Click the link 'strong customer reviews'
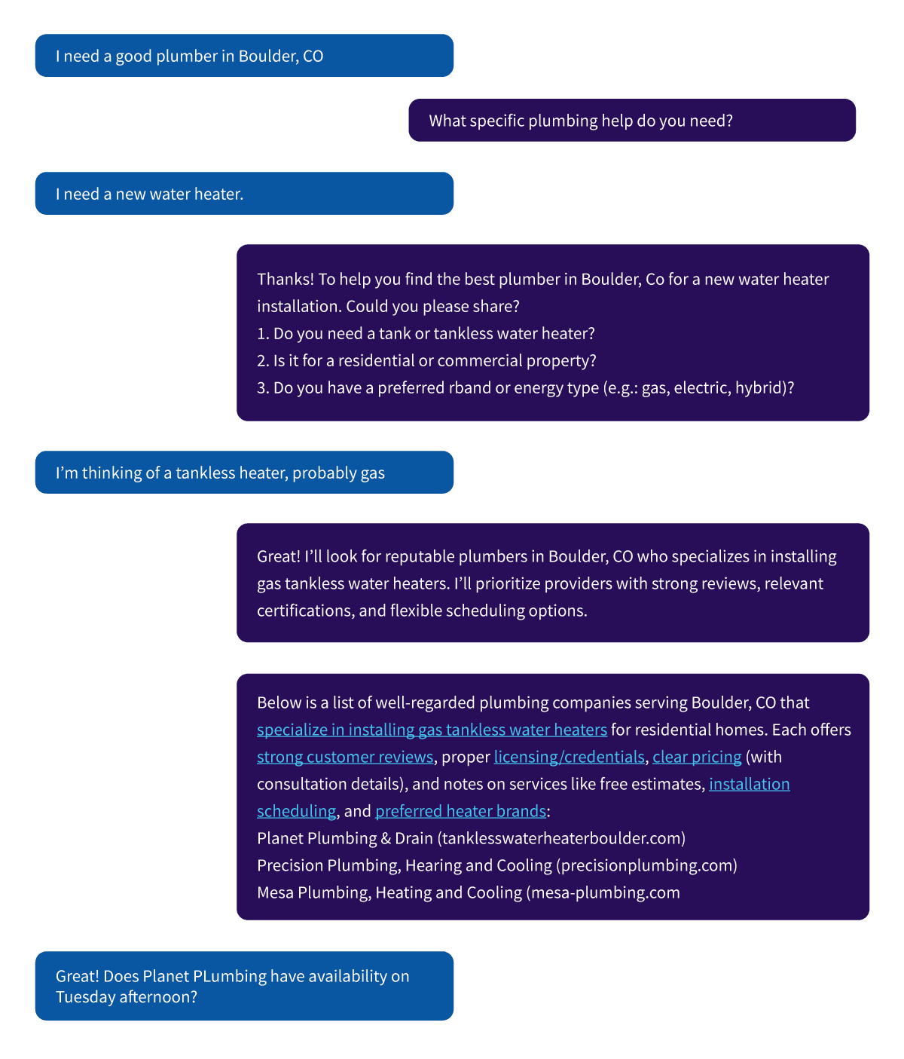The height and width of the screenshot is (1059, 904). click(x=345, y=758)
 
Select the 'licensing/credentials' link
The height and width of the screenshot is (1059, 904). click(x=569, y=758)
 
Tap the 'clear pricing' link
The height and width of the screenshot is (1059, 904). click(x=697, y=758)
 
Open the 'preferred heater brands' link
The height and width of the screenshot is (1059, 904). click(x=461, y=812)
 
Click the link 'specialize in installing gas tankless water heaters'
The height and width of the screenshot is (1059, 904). click(x=432, y=730)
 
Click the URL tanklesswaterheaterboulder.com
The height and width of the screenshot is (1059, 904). click(x=561, y=839)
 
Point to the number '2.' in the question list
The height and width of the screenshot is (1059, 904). click(x=263, y=361)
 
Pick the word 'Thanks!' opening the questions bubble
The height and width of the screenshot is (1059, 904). click(x=286, y=279)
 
